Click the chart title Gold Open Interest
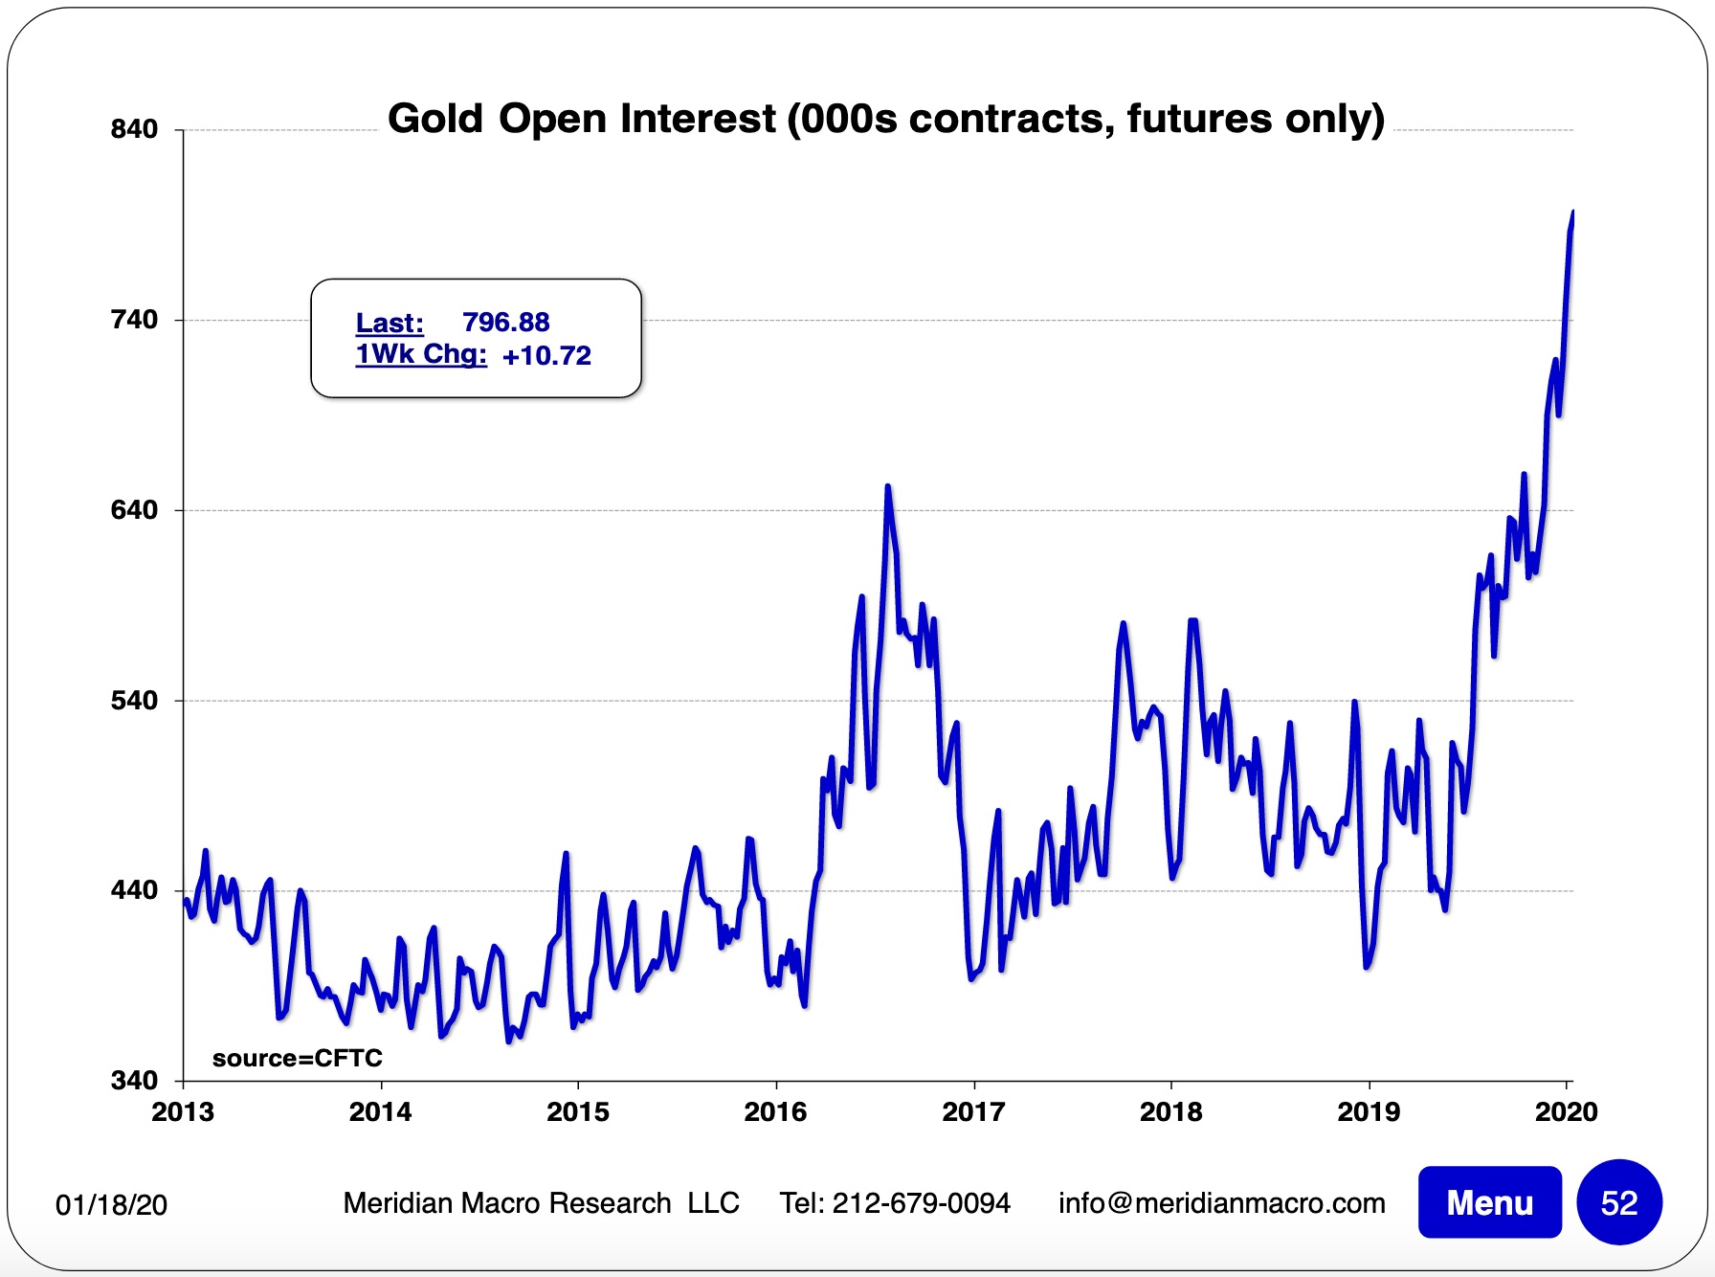point(885,119)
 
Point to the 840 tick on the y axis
point(134,129)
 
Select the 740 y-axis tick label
point(134,319)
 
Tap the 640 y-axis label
point(134,509)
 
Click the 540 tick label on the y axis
point(134,700)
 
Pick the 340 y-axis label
point(134,1080)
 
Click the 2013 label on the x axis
point(183,1111)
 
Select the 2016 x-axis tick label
point(775,1111)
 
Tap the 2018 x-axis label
point(1170,1111)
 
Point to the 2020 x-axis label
point(1566,1111)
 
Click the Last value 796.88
point(505,323)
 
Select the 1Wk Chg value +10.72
point(546,356)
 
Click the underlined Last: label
point(390,323)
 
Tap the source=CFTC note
point(297,1058)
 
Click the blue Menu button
point(1489,1202)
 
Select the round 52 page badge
point(1619,1202)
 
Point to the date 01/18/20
point(111,1204)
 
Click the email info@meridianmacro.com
point(1221,1202)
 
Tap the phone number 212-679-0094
point(921,1202)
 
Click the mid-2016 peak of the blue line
point(888,487)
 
